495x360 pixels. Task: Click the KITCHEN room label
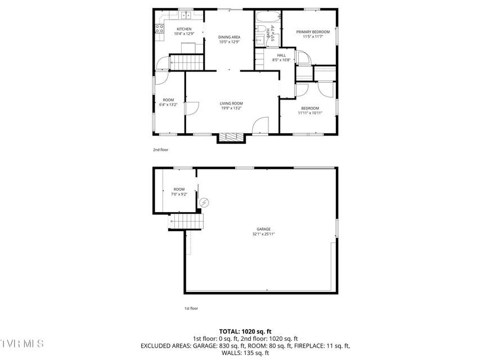click(x=184, y=29)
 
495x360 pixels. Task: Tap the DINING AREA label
click(x=229, y=37)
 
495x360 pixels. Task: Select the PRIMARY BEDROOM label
click(x=313, y=32)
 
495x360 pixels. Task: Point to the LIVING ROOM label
click(x=231, y=103)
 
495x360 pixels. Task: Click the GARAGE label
click(x=264, y=229)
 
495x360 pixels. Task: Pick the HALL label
click(x=281, y=55)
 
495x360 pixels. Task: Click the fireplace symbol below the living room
click(x=231, y=137)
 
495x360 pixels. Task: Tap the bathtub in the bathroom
click(x=268, y=17)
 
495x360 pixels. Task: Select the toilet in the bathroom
click(x=261, y=29)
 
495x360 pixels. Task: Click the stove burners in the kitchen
click(x=159, y=29)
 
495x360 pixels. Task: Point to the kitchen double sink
click(x=186, y=15)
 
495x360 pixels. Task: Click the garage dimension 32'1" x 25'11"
click(x=264, y=235)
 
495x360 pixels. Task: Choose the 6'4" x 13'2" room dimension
click(x=168, y=105)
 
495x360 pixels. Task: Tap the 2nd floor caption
click(x=161, y=150)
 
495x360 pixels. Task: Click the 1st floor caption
click(x=191, y=308)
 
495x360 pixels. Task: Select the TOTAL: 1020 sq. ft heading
click(x=245, y=331)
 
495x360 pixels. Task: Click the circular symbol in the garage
click(x=205, y=202)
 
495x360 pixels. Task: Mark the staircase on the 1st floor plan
click(x=186, y=222)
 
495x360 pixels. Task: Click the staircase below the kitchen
click(x=187, y=62)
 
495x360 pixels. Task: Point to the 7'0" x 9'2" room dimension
click(x=179, y=195)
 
